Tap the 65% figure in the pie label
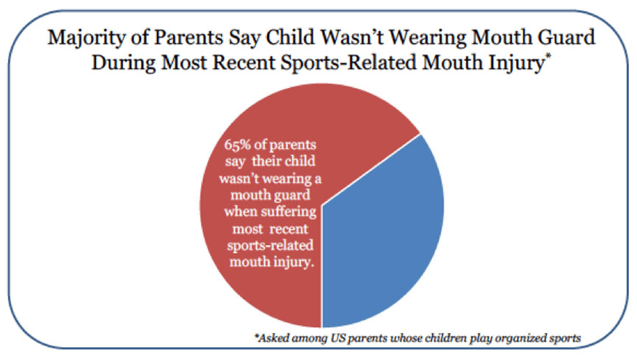pos(241,143)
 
